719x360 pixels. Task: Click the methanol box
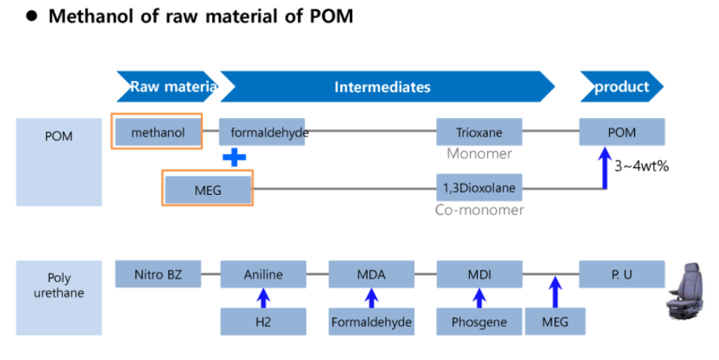point(158,132)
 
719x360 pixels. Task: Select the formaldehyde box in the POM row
point(263,132)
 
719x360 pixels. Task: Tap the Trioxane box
point(479,132)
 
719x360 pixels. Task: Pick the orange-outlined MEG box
point(207,189)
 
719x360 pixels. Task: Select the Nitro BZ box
point(158,274)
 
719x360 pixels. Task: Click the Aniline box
point(263,274)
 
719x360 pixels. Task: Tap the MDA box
point(371,274)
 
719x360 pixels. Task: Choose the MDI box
point(479,274)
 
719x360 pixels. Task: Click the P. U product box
point(622,274)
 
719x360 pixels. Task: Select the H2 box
point(263,321)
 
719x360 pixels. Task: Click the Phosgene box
point(479,321)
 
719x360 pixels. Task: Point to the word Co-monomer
point(479,210)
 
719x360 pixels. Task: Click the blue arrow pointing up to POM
point(604,169)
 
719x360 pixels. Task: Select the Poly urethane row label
point(59,285)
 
